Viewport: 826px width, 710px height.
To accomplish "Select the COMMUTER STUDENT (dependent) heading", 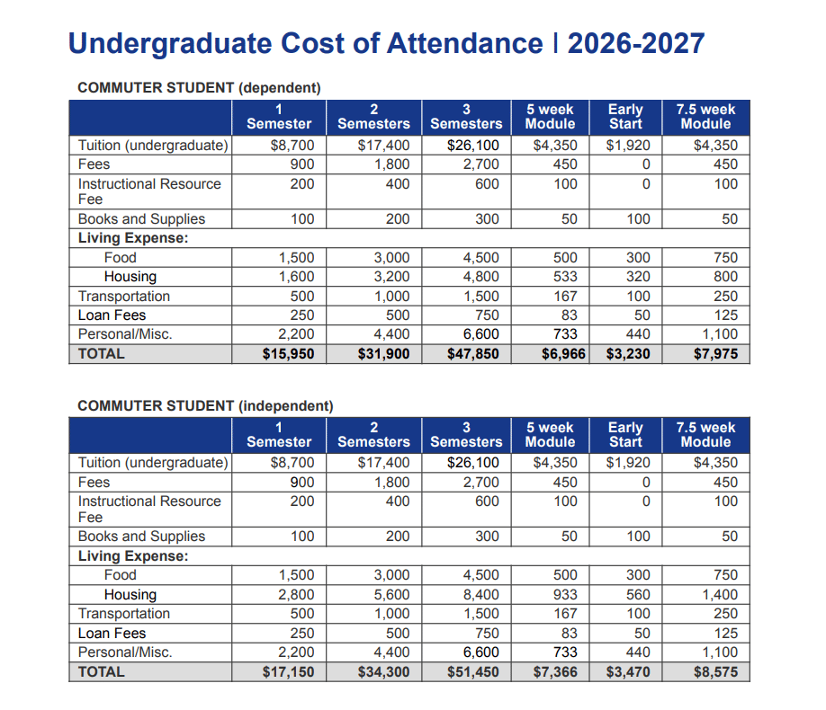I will (199, 87).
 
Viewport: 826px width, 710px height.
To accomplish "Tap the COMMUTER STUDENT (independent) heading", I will (205, 405).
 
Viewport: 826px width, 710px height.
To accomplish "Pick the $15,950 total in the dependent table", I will (288, 353).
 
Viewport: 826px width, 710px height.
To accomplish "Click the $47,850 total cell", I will (472, 353).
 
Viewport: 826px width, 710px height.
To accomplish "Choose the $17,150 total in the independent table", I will (288, 671).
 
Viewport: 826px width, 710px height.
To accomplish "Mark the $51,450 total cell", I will (472, 671).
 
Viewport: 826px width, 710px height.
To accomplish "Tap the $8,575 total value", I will (715, 671).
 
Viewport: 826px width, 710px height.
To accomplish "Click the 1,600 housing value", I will (296, 277).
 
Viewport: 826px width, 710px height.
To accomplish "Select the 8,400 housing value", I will (480, 594).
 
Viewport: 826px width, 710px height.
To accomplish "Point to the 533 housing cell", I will (565, 277).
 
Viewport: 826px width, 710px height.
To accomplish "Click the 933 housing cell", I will (565, 594).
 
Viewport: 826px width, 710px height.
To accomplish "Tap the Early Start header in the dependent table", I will (625, 116).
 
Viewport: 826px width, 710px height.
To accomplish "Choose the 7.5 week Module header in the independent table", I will (705, 434).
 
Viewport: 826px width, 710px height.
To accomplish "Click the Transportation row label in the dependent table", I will (124, 296).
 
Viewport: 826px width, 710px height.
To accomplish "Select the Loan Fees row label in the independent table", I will (112, 633).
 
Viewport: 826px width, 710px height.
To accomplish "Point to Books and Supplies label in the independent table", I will (141, 536).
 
